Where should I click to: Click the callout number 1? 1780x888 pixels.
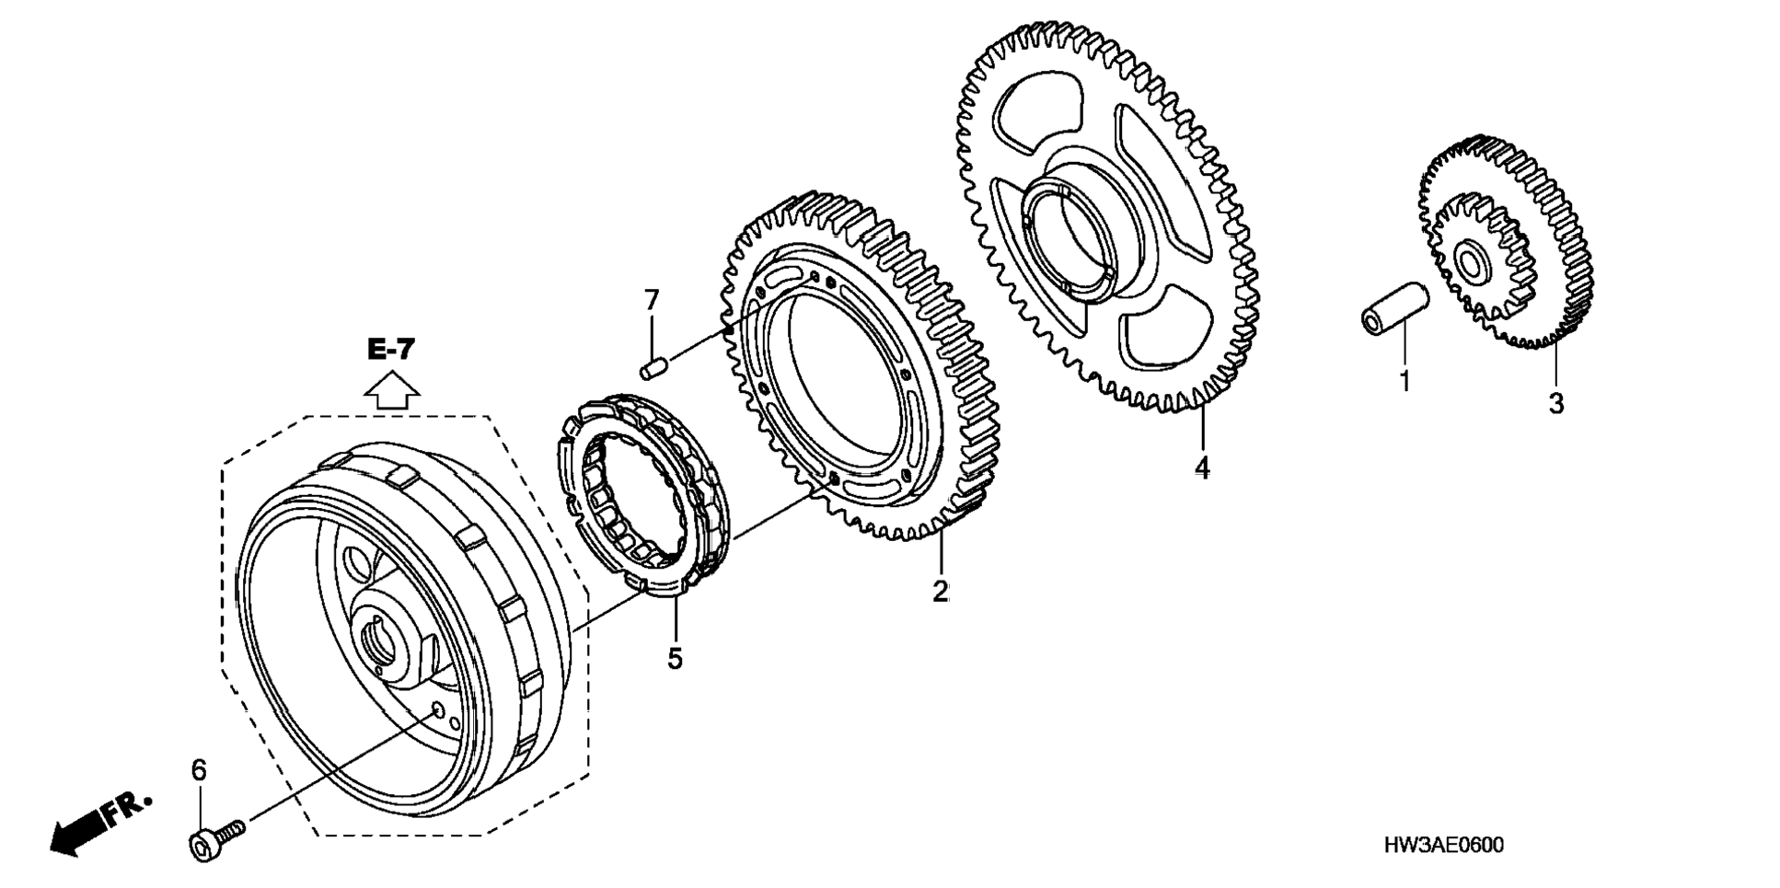(1404, 380)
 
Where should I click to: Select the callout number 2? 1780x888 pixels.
(940, 591)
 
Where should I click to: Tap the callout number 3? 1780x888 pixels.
(1555, 403)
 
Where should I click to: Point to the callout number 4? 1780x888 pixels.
(1202, 467)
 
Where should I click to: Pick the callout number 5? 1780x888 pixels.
(675, 658)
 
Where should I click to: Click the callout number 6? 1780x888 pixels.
(199, 769)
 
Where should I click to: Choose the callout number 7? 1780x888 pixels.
(652, 300)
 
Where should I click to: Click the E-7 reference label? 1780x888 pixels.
(391, 350)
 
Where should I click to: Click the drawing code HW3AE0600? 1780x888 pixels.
(1443, 845)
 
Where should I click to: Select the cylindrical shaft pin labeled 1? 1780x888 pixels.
(1394, 309)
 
